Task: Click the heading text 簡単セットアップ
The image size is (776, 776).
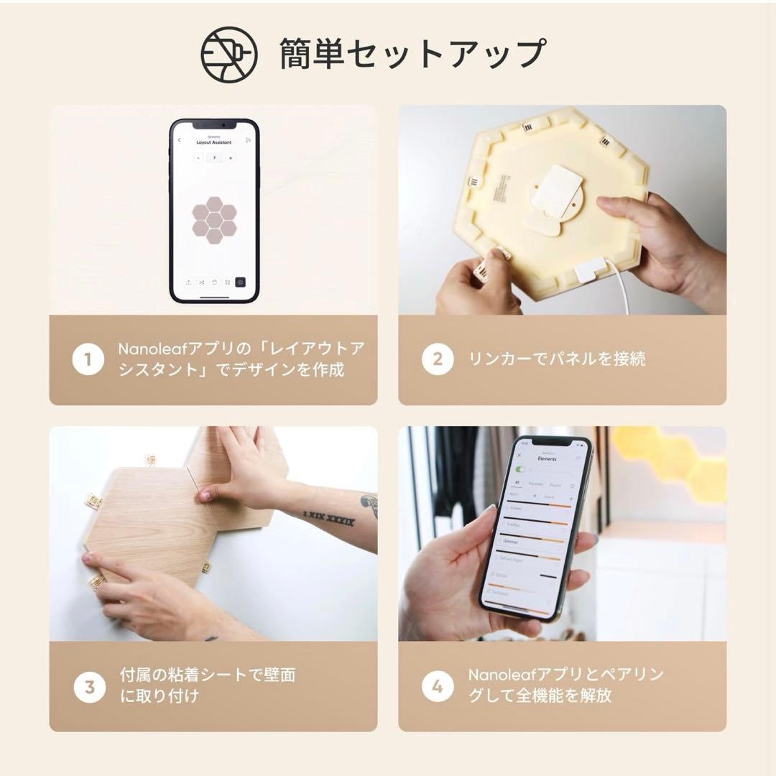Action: (412, 55)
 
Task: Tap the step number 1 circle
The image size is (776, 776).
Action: (88, 359)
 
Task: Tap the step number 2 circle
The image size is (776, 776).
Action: (437, 359)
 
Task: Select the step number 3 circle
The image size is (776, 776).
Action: (89, 686)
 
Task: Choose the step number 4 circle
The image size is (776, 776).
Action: (437, 686)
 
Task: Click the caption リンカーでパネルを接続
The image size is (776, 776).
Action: (557, 359)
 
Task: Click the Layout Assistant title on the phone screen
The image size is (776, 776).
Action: (214, 142)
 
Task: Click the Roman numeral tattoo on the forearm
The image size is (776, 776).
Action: (328, 517)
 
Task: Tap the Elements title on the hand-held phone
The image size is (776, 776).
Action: (546, 458)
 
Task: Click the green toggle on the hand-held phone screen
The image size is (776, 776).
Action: (520, 469)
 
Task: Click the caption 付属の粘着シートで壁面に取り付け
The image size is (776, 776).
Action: (208, 685)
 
